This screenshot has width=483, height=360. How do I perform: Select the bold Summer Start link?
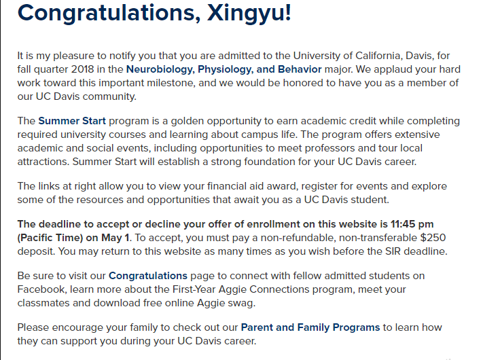click(72, 122)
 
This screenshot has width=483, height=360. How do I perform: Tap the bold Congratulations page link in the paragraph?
click(148, 276)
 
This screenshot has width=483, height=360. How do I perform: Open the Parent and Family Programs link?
click(310, 327)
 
